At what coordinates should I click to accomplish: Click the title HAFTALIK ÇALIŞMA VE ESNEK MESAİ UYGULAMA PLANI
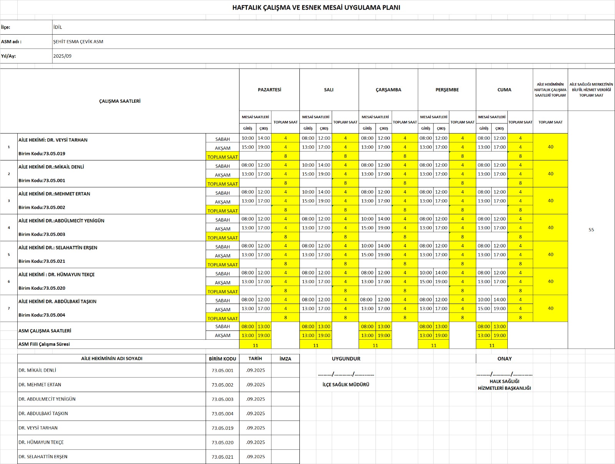[x=316, y=7]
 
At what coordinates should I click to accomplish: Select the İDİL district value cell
[x=58, y=27]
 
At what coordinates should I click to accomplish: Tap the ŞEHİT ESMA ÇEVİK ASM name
[x=78, y=42]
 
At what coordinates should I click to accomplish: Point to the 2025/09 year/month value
[x=62, y=56]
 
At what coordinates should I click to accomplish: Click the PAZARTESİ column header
[x=269, y=90]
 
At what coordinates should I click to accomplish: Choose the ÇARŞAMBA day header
[x=388, y=90]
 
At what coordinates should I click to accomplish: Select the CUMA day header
[x=504, y=90]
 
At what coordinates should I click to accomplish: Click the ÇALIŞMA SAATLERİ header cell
[x=120, y=101]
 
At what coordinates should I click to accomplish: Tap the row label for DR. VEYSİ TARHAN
[x=53, y=140]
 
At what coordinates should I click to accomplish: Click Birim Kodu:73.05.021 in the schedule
[x=42, y=261]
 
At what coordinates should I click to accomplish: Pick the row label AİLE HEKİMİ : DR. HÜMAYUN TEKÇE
[x=57, y=275]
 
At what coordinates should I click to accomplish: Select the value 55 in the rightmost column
[x=591, y=230]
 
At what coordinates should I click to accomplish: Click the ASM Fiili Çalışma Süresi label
[x=44, y=344]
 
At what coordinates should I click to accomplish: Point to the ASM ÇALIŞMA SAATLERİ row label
[x=45, y=331]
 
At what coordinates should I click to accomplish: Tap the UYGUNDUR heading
[x=346, y=359]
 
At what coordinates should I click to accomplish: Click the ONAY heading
[x=504, y=359]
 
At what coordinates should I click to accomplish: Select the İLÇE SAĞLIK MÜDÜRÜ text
[x=346, y=384]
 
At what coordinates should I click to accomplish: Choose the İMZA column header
[x=285, y=359]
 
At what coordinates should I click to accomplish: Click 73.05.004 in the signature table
[x=222, y=414]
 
